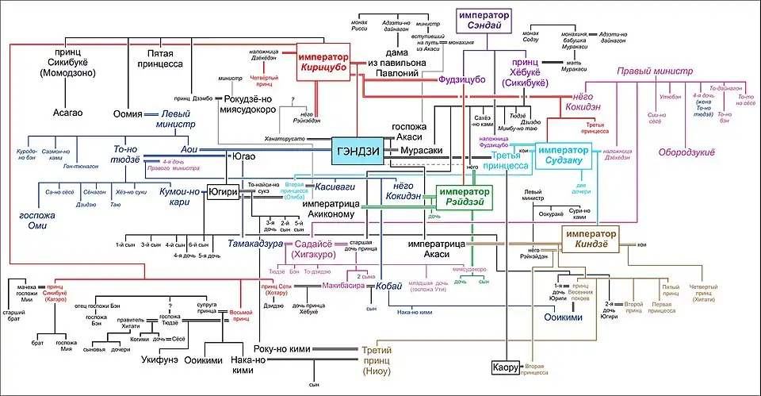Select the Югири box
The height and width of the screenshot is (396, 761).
(x=223, y=191)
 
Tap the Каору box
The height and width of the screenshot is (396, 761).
(x=505, y=368)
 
